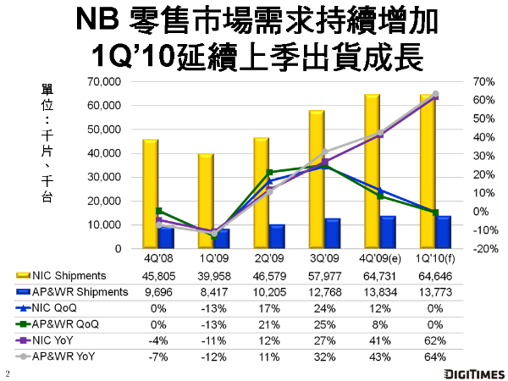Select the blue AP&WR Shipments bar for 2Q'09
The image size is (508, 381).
tap(277, 237)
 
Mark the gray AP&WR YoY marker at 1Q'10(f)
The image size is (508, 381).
tap(435, 94)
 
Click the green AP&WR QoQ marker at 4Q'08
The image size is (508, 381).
tap(159, 211)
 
